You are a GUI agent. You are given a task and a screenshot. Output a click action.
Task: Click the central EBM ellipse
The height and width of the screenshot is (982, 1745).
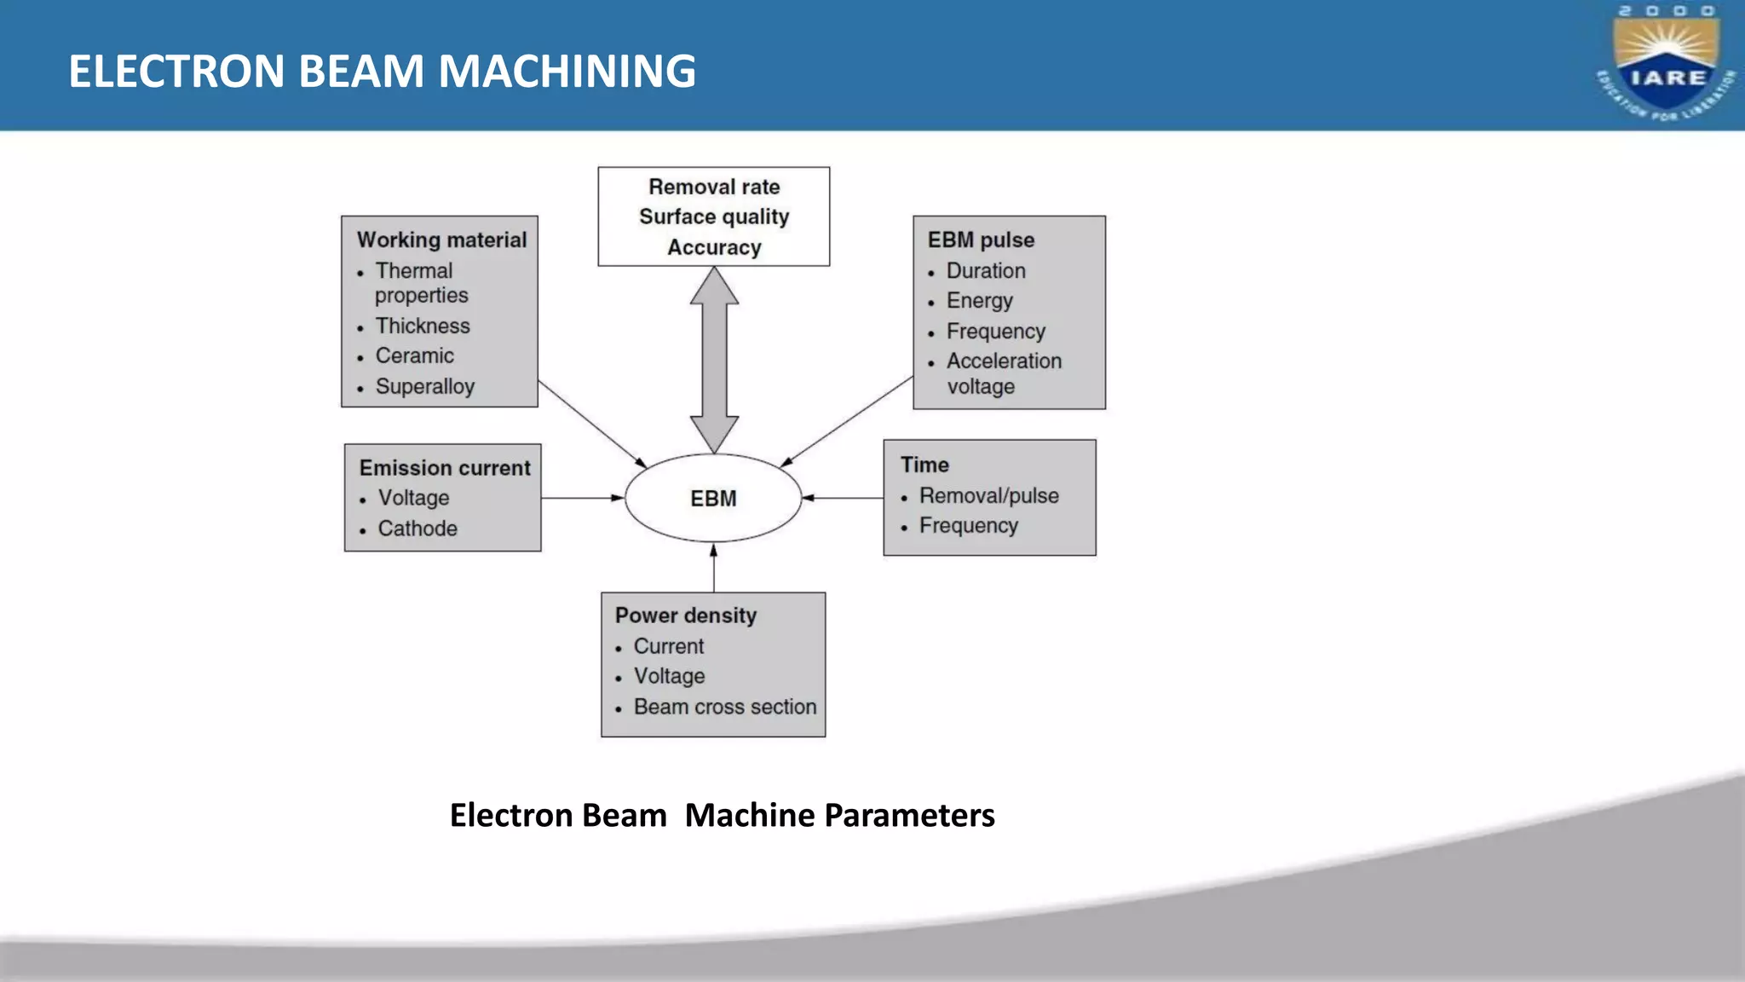click(713, 498)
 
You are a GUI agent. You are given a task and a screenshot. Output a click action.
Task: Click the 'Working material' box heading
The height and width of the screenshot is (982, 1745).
click(441, 240)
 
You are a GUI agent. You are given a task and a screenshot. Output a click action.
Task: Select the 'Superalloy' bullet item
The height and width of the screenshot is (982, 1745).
click(424, 386)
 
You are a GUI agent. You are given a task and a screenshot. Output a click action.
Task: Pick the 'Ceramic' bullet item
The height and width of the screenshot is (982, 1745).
click(414, 355)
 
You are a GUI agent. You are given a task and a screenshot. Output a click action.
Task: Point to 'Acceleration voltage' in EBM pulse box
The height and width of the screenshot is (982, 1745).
click(1003, 373)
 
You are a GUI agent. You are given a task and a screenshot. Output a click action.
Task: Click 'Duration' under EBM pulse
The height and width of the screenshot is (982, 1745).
click(985, 271)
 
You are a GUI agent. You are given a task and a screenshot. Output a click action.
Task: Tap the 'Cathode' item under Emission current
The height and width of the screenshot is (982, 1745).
click(418, 529)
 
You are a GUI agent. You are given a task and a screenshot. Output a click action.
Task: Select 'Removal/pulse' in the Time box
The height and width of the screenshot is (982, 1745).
click(988, 496)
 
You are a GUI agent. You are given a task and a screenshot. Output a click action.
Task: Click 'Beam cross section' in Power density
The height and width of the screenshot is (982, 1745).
click(724, 707)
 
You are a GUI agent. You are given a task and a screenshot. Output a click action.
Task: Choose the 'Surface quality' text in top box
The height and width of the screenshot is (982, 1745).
click(714, 217)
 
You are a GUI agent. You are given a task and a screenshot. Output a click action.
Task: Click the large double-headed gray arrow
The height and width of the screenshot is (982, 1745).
click(714, 360)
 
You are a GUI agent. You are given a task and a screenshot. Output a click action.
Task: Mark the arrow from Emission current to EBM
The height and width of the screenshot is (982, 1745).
click(582, 498)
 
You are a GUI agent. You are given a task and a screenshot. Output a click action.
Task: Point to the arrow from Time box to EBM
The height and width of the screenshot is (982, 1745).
click(843, 498)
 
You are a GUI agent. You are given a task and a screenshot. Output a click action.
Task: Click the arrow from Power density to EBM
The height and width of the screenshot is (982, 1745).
click(714, 568)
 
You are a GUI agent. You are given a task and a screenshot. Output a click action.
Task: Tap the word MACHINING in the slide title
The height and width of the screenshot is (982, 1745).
click(567, 71)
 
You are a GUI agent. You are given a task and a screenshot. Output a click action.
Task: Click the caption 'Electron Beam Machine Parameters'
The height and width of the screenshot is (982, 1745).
click(722, 815)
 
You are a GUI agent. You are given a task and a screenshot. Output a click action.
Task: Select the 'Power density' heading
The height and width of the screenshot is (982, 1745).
click(686, 615)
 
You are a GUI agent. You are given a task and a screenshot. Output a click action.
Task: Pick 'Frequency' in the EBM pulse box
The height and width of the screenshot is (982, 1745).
click(995, 331)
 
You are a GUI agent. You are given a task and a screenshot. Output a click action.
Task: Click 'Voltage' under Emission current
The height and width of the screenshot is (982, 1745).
click(413, 498)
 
